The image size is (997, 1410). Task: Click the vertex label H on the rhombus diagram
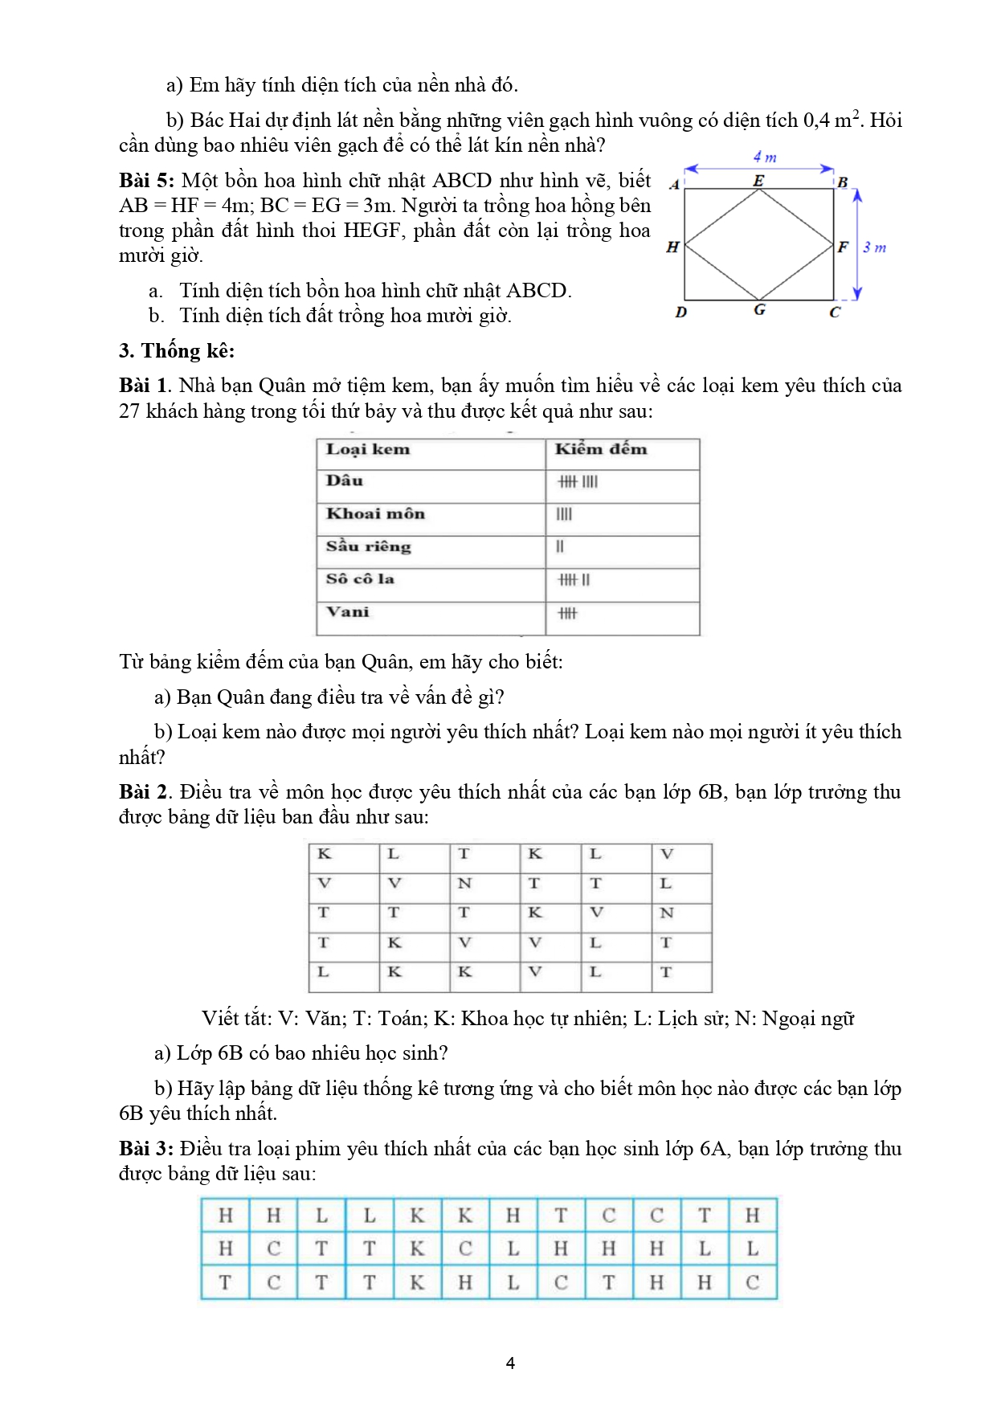pos(672,247)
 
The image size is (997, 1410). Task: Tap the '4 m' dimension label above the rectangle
pos(764,157)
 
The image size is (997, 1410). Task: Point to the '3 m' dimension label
pos(874,247)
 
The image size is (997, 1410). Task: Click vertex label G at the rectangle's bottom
pos(759,310)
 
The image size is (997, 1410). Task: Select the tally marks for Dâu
pos(578,482)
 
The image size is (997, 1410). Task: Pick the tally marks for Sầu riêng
pos(560,547)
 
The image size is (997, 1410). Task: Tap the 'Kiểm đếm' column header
pos(600,450)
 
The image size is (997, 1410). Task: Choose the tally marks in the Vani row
pos(567,614)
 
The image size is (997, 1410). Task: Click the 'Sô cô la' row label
pos(360,579)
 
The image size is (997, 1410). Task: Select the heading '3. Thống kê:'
pos(177,351)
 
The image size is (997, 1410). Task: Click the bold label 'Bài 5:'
pos(146,181)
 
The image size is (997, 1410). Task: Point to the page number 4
pos(510,1363)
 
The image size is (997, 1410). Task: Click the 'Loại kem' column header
pos(368,450)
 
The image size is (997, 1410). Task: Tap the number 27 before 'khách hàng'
pos(129,411)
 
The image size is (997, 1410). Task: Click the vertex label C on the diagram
pos(835,312)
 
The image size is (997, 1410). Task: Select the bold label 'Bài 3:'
pos(146,1149)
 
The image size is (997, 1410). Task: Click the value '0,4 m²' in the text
pos(832,121)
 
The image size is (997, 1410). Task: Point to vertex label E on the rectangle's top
pos(758,182)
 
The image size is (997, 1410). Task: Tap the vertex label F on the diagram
pos(842,247)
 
